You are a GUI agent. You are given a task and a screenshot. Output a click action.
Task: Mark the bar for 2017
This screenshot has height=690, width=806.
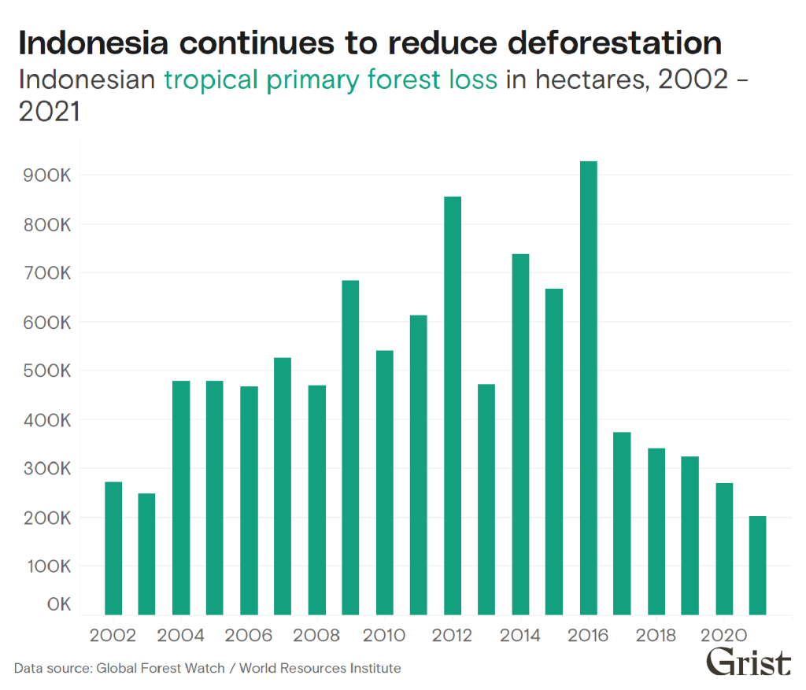pos(622,523)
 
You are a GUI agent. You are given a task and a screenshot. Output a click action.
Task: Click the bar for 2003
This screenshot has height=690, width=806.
pos(147,554)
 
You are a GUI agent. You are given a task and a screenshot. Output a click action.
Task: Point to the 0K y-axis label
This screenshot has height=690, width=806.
pos(58,605)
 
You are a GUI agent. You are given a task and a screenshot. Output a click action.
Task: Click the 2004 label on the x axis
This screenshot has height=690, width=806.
pos(180,635)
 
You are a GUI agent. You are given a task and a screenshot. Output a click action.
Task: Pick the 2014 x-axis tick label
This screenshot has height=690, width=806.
pos(519,635)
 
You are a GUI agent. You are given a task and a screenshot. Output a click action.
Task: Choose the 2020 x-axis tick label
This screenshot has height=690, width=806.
pos(723,635)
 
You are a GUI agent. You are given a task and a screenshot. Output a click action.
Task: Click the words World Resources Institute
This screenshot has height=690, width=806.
pos(320,669)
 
